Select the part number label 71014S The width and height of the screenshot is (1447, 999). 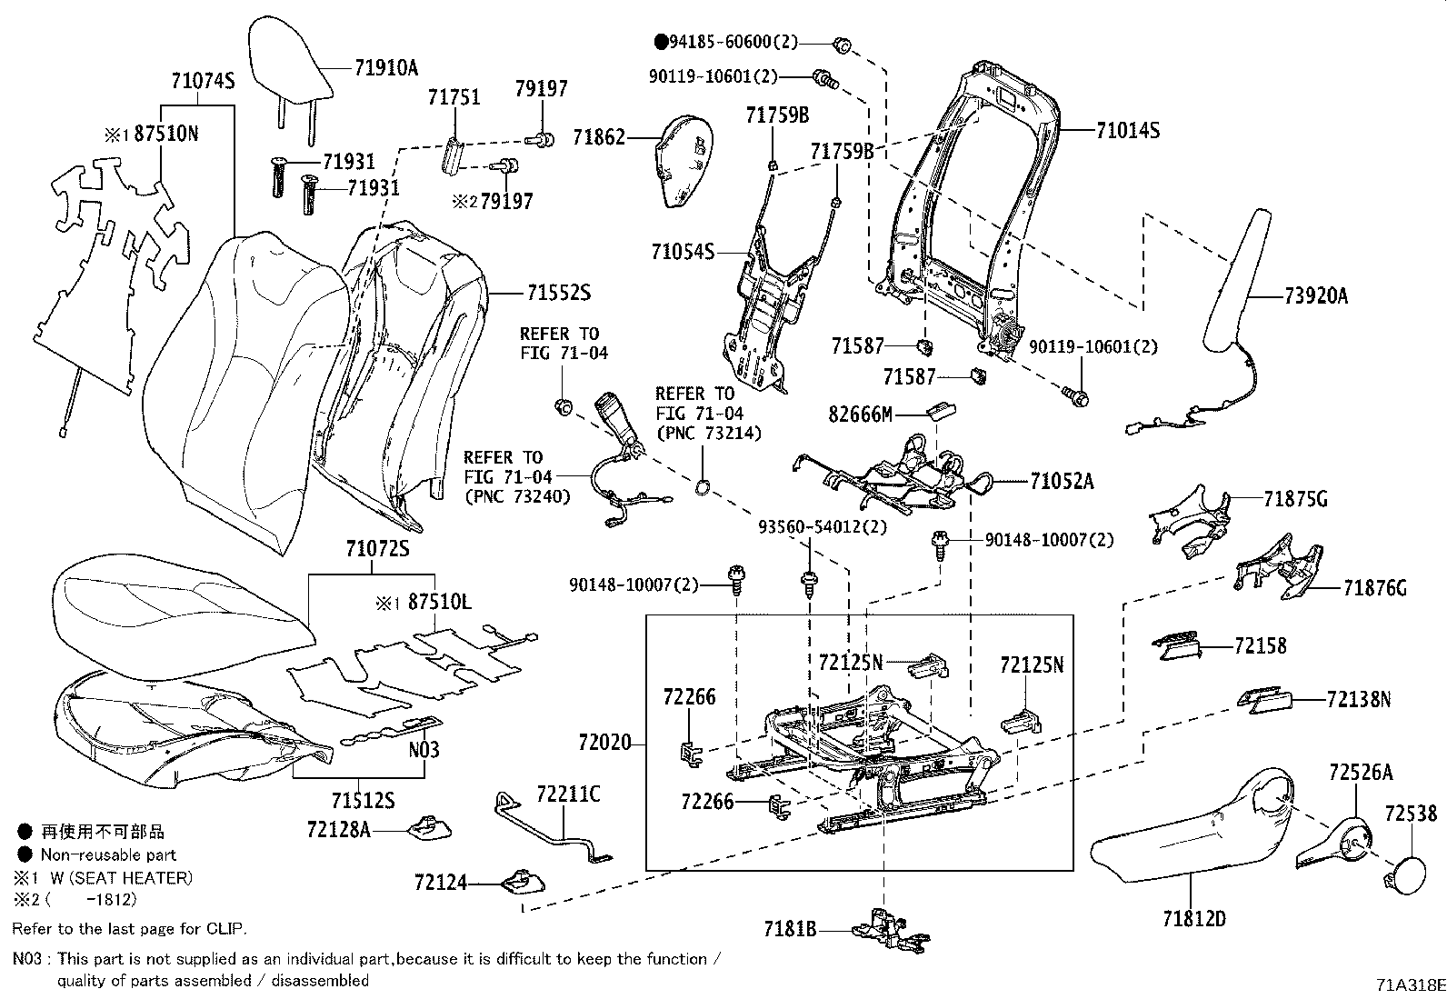[1127, 130]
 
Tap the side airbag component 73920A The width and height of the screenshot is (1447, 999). [1237, 282]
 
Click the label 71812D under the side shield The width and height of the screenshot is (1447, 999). [1193, 918]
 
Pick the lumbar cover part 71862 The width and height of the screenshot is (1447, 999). [684, 160]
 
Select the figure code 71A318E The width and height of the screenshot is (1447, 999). [1409, 984]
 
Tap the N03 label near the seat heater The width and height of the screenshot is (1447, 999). [424, 749]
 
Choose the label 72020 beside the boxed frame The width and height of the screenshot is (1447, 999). [604, 743]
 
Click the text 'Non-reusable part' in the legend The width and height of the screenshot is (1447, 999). [108, 854]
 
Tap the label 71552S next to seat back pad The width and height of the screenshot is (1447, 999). [558, 293]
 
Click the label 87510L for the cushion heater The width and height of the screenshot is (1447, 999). [439, 602]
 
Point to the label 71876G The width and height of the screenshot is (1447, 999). [1374, 588]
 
